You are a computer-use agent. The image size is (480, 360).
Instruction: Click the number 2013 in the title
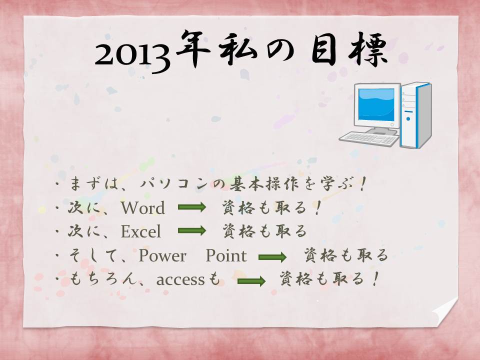click(132, 57)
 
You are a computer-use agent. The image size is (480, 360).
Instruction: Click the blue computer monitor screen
click(376, 105)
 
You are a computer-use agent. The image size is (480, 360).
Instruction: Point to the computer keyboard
click(369, 138)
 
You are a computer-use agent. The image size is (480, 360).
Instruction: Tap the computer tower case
click(416, 115)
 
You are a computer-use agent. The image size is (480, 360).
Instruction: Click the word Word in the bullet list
click(143, 208)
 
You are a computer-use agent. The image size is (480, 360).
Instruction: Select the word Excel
click(141, 231)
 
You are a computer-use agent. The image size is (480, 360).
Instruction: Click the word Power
click(162, 255)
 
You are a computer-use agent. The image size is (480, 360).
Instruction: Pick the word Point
click(226, 255)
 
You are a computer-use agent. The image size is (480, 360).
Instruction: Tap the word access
click(180, 280)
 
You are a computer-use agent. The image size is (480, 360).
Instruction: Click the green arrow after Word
click(192, 207)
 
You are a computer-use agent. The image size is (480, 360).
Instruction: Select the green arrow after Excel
click(192, 230)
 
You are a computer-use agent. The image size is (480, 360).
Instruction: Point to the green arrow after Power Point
click(272, 257)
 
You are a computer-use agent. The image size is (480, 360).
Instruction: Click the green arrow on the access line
click(251, 281)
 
